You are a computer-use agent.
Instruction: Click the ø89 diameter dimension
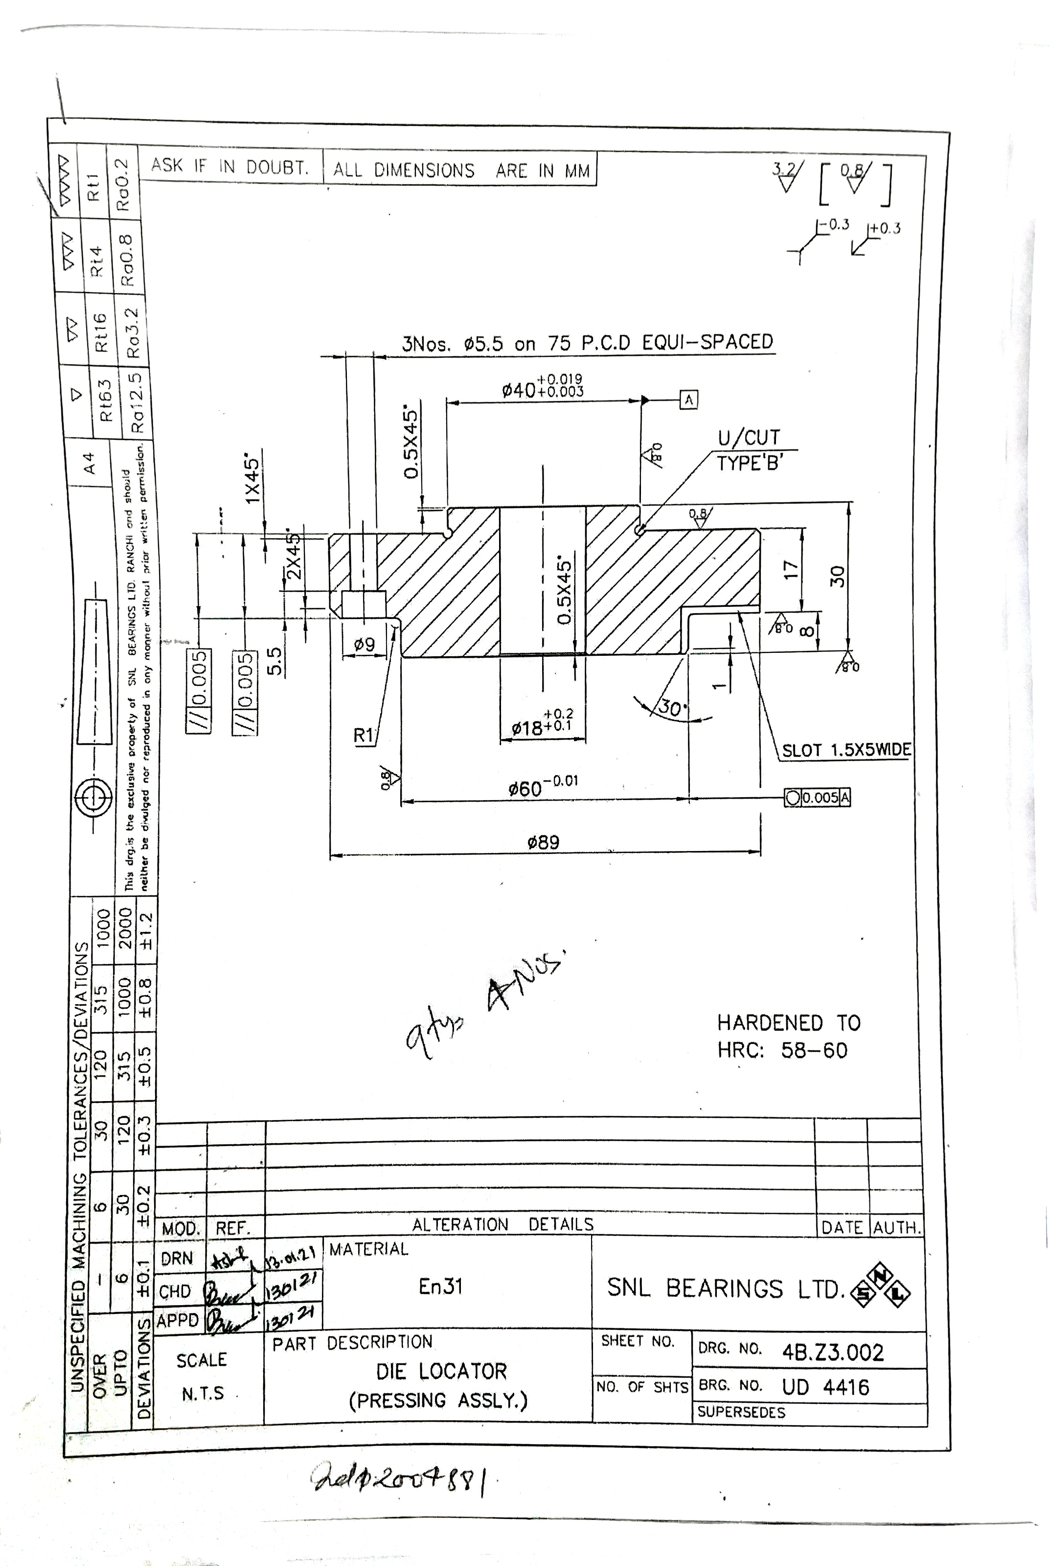point(543,842)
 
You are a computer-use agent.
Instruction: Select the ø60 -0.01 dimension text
point(543,787)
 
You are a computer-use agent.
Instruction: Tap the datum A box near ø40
point(688,400)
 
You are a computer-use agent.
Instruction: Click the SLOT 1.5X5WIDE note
point(846,750)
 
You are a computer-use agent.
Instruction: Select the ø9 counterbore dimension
point(365,645)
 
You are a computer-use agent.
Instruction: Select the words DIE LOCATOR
point(441,1371)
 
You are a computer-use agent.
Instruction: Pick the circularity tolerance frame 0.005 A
point(817,797)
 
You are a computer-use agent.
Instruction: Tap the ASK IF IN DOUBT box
point(229,166)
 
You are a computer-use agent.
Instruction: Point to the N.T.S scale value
point(202,1394)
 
